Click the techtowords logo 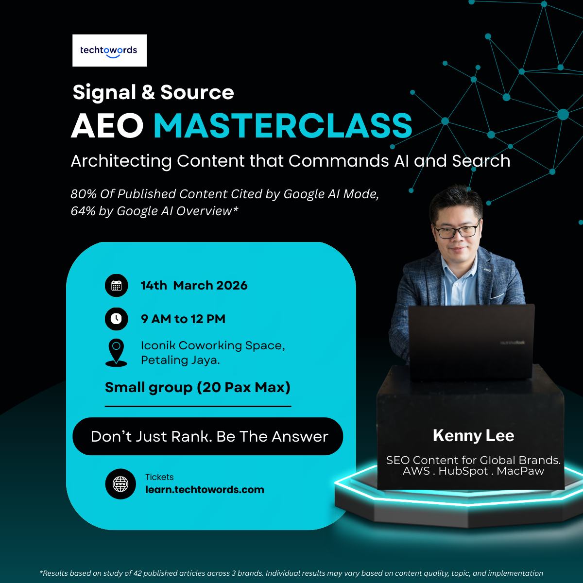pos(109,51)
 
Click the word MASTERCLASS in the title pos(283,126)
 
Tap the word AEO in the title pos(107,126)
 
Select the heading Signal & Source pos(153,92)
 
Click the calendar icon pos(117,286)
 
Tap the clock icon pos(117,319)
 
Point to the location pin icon pos(116,352)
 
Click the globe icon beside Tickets pos(120,484)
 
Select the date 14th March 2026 pos(194,286)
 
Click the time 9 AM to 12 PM pos(183,319)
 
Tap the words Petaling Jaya pos(180,360)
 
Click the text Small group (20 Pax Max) pos(198,388)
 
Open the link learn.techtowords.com pos(205,490)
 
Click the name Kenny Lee pos(473,436)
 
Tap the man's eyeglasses pos(457,231)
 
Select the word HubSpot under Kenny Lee pos(463,471)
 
